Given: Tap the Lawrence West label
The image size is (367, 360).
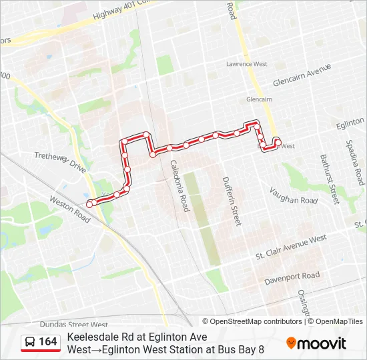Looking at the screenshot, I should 246,64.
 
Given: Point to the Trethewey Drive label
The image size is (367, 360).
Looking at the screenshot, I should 60,162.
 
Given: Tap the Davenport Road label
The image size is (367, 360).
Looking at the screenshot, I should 292,276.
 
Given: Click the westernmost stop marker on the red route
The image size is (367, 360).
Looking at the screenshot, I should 89,203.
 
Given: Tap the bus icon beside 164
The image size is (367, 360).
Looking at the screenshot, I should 30,342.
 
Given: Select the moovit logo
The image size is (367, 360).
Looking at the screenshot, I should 316,343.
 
